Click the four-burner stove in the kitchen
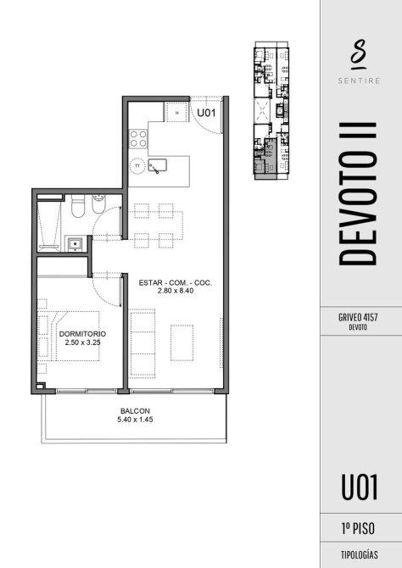click(139, 139)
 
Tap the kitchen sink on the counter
click(157, 165)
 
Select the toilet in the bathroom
click(77, 206)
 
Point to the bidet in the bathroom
click(98, 204)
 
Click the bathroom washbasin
click(75, 243)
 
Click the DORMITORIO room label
click(82, 334)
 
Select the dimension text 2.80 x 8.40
click(176, 291)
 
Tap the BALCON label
click(135, 411)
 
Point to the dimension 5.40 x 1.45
click(135, 420)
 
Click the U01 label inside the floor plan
click(206, 113)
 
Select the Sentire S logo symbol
click(359, 54)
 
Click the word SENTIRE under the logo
click(359, 81)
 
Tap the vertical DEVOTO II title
click(358, 194)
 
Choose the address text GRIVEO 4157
click(358, 317)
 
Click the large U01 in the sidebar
click(360, 487)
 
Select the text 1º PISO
click(358, 528)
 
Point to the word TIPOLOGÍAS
click(360, 555)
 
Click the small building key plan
click(271, 110)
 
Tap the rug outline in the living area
click(182, 342)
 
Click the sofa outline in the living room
click(142, 343)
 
